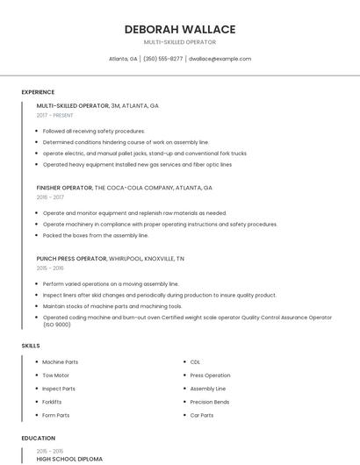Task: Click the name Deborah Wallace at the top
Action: tap(179, 29)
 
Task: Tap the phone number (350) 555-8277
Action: tap(162, 59)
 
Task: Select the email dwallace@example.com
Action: tap(220, 59)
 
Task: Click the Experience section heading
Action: tap(38, 92)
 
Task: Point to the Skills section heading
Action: tap(31, 346)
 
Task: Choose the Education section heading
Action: tap(38, 438)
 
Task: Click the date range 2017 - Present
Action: tap(55, 115)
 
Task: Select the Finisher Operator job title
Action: tap(64, 188)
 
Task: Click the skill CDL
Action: tap(195, 361)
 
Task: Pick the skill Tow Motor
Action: tap(57, 375)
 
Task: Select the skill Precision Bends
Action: tap(210, 402)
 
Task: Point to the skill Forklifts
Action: tap(52, 402)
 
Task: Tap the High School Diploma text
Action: tap(69, 459)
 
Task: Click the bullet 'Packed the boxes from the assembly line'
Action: tap(96, 235)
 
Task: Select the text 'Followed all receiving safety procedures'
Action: tap(94, 131)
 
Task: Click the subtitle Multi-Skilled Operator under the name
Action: tap(179, 42)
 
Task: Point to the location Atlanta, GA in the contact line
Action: tap(123, 59)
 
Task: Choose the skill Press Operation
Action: tap(210, 375)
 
